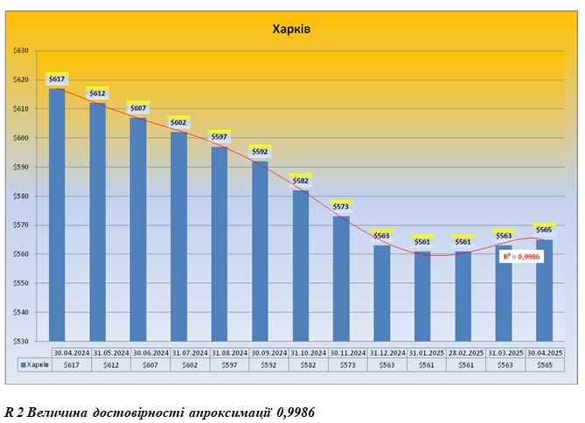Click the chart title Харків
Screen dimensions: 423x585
pyautogui.click(x=292, y=29)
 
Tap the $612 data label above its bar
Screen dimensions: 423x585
pyautogui.click(x=97, y=94)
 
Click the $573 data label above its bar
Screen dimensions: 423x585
pyautogui.click(x=341, y=206)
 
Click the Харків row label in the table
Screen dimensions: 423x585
pyautogui.click(x=33, y=365)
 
